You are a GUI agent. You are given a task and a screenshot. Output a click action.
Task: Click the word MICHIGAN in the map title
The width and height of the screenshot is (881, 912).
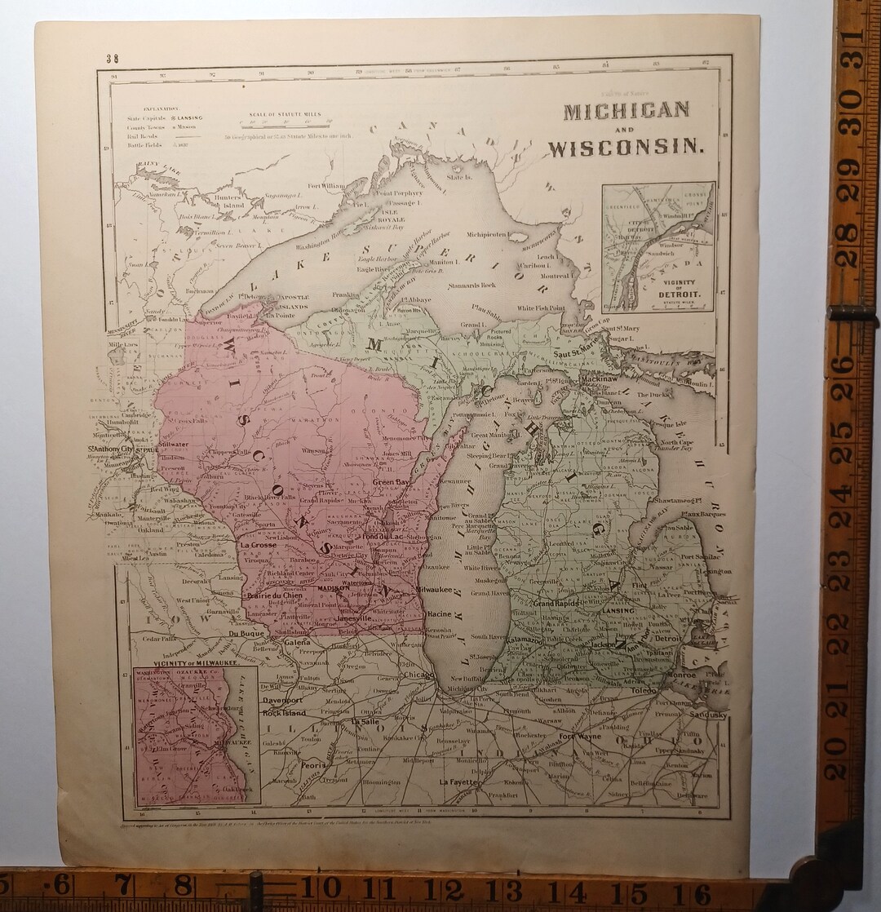(626, 111)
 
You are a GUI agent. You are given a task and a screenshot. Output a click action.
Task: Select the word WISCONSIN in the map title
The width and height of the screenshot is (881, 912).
(626, 148)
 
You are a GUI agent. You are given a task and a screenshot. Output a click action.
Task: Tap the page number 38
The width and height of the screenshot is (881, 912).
(112, 58)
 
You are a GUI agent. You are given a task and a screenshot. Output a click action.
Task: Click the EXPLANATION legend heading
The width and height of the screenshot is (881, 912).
(162, 108)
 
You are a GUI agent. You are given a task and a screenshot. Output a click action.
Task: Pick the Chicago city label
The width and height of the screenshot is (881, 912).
(417, 675)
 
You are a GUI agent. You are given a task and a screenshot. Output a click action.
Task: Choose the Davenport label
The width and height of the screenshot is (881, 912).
(282, 700)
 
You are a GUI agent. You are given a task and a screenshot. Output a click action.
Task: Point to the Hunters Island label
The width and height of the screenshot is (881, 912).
(228, 201)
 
